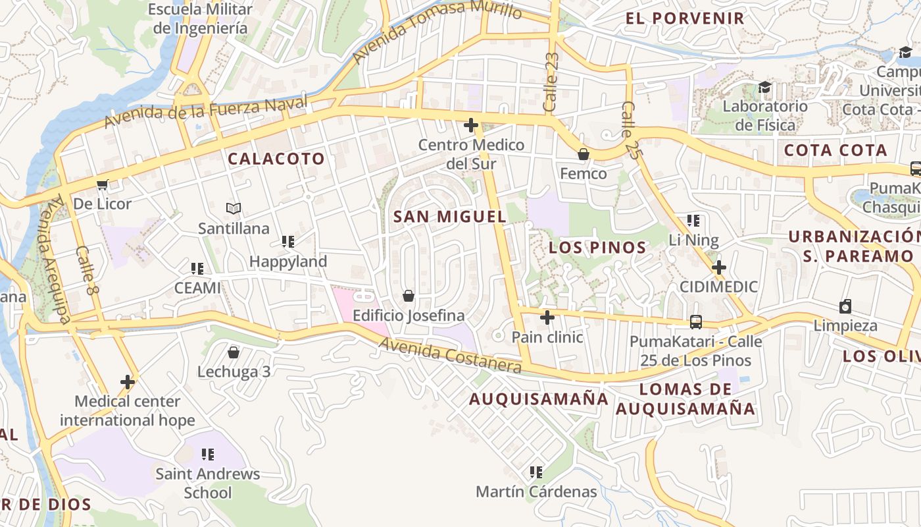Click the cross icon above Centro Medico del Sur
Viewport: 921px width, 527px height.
tap(471, 125)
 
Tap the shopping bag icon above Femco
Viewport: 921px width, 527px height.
tap(583, 154)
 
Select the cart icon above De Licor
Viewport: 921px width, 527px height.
tap(102, 184)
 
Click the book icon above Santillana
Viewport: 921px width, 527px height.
tap(234, 209)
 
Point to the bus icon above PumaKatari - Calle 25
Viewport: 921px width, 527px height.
tap(695, 322)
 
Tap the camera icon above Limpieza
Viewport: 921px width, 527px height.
tap(845, 306)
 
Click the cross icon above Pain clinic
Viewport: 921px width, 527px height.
tap(547, 318)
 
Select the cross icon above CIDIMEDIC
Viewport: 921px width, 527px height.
tap(718, 267)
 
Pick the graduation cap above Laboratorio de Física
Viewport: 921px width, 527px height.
tap(764, 87)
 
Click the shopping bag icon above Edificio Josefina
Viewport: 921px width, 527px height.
tap(409, 296)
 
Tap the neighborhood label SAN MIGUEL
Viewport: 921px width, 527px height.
tap(449, 216)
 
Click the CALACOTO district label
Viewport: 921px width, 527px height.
tap(276, 158)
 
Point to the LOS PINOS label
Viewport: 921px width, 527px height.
tap(597, 248)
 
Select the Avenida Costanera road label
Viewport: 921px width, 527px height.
tap(450, 356)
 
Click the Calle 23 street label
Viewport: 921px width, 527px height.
tap(551, 82)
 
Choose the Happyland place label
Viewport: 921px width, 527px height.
tap(288, 262)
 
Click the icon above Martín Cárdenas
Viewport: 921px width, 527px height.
tap(536, 472)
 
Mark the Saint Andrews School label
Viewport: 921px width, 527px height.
tap(208, 483)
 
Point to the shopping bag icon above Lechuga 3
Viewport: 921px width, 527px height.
tap(233, 352)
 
